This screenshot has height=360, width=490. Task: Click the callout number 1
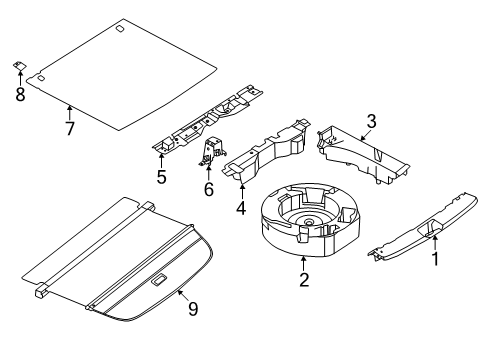click(435, 259)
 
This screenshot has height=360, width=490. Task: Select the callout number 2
click(304, 279)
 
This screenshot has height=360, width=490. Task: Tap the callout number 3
click(371, 121)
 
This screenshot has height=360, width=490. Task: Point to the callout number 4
click(241, 207)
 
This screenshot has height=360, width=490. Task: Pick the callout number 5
click(161, 177)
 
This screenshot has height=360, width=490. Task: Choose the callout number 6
click(209, 189)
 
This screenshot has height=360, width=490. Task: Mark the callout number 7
click(70, 129)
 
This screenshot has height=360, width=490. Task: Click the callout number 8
click(20, 94)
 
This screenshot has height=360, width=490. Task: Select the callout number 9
click(193, 309)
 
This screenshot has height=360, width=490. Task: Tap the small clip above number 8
click(20, 65)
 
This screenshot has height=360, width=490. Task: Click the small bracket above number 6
click(213, 151)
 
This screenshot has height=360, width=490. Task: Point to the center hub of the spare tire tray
click(308, 222)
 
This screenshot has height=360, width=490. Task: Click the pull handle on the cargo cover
click(159, 279)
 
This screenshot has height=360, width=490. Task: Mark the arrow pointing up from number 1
click(435, 243)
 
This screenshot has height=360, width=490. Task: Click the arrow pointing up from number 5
click(161, 161)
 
